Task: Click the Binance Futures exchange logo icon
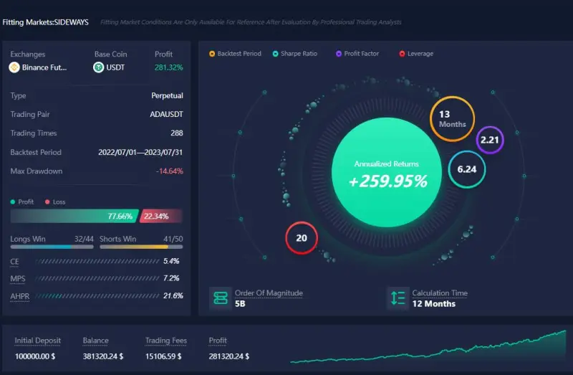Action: click(x=14, y=67)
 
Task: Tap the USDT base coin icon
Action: click(x=99, y=67)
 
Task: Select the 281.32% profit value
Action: click(x=168, y=67)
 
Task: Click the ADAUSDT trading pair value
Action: click(x=167, y=114)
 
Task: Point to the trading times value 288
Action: click(x=176, y=133)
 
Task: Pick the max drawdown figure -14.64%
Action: click(x=170, y=171)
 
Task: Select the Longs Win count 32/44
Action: click(x=84, y=239)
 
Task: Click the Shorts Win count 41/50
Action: click(x=173, y=239)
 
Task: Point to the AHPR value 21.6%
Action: click(x=172, y=295)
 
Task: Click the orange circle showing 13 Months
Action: click(x=452, y=119)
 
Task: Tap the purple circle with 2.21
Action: click(x=490, y=140)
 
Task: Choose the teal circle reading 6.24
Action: click(x=467, y=170)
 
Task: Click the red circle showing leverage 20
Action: click(x=302, y=238)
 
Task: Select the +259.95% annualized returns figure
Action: click(x=387, y=181)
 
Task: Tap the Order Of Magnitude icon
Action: click(x=220, y=298)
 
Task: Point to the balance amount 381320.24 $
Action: click(x=103, y=356)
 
